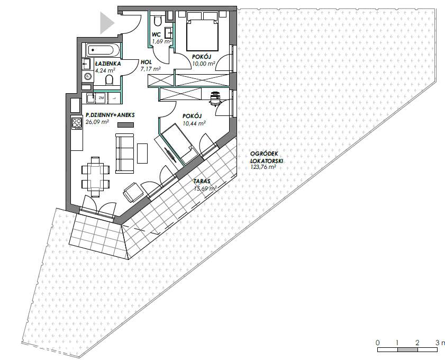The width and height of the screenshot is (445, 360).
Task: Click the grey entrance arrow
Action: tap(106, 23)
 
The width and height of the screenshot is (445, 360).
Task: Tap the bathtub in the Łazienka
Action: tap(103, 50)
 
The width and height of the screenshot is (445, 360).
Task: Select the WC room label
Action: tap(156, 34)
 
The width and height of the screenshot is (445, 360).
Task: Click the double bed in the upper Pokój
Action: tap(202, 31)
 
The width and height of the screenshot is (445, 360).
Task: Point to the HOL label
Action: tap(146, 62)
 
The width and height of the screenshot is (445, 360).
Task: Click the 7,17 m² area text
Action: tap(151, 69)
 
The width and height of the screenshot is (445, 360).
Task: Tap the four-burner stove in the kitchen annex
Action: tap(77, 123)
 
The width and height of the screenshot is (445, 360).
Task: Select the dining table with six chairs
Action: tap(95, 177)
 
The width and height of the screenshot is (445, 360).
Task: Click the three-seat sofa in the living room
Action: tap(124, 154)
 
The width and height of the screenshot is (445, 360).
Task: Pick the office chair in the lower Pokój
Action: tap(215, 98)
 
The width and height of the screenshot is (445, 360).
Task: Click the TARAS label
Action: tap(202, 181)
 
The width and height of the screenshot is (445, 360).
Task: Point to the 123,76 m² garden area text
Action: tap(264, 167)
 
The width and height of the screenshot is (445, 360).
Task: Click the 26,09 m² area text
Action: tap(97, 122)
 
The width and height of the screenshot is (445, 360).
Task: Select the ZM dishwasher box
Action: tap(101, 98)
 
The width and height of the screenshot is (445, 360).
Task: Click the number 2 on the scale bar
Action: tap(417, 343)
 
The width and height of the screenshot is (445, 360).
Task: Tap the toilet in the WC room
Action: tap(157, 20)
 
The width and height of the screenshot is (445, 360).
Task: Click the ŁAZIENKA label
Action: tap(108, 64)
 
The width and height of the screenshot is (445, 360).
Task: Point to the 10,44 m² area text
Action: tap(194, 123)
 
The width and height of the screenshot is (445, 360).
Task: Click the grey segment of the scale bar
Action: tap(407, 350)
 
